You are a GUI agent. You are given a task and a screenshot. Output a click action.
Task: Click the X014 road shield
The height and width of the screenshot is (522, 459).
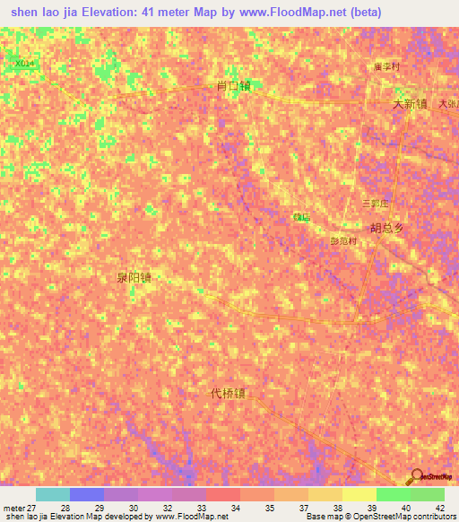pyautogui.click(x=25, y=63)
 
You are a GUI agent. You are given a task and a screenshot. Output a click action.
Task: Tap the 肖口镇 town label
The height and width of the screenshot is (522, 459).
pyautogui.click(x=233, y=86)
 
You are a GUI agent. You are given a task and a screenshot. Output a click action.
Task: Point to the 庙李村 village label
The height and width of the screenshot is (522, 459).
pyautogui.click(x=386, y=66)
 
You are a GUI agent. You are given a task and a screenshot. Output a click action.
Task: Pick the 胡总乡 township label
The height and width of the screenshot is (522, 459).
pyautogui.click(x=387, y=228)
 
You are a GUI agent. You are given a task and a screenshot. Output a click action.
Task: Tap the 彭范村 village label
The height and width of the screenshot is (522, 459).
pyautogui.click(x=343, y=240)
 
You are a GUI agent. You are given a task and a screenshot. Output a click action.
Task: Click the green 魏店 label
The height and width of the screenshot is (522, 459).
pyautogui.click(x=301, y=217)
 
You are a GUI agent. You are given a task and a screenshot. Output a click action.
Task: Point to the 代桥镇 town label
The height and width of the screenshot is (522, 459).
pyautogui.click(x=228, y=393)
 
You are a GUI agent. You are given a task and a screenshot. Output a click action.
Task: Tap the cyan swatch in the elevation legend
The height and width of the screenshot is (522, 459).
pyautogui.click(x=53, y=494)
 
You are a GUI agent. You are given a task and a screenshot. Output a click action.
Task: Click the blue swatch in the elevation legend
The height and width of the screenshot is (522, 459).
pyautogui.click(x=87, y=494)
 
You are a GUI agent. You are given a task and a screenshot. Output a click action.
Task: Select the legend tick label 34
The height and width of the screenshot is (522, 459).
pyautogui.click(x=235, y=508)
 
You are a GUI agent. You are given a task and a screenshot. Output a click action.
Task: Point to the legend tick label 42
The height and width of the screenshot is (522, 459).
pyautogui.click(x=439, y=508)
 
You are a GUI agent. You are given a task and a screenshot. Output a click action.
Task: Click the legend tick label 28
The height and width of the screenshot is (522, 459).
pyautogui.click(x=65, y=508)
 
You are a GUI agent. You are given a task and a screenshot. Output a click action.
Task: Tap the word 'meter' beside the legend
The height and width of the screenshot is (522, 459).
pyautogui.click(x=13, y=508)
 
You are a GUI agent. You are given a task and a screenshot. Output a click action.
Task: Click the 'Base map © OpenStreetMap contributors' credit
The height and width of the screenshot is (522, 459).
pyautogui.click(x=379, y=517)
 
